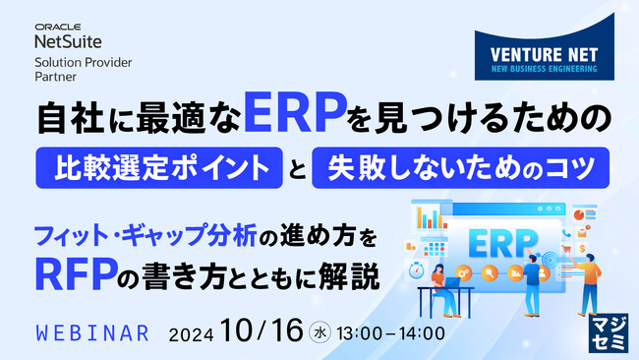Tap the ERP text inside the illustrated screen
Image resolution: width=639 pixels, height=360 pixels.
pos(504,240)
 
